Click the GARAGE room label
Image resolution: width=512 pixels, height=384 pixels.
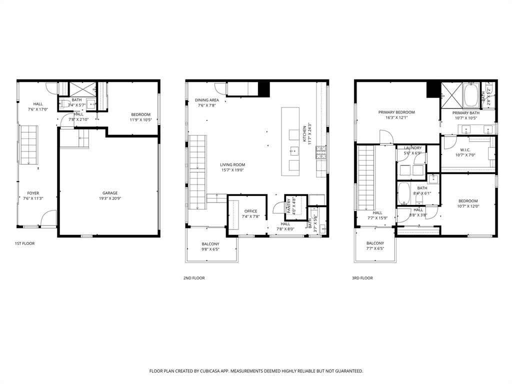pyautogui.click(x=110, y=193)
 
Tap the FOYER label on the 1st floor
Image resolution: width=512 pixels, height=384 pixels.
pyautogui.click(x=33, y=193)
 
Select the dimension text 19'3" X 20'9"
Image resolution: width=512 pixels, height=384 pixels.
pyautogui.click(x=110, y=198)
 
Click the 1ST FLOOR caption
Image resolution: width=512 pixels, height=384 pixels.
pyautogui.click(x=24, y=243)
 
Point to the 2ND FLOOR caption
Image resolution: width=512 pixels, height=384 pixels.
pyautogui.click(x=194, y=278)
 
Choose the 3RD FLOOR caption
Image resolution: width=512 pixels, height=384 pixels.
pyautogui.click(x=363, y=278)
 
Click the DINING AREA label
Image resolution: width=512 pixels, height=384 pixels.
pyautogui.click(x=207, y=100)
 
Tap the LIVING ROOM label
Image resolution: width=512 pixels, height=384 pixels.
pyautogui.click(x=232, y=164)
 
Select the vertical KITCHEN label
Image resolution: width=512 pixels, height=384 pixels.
pyautogui.click(x=304, y=133)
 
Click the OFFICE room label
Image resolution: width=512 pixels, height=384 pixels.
pyautogui.click(x=250, y=211)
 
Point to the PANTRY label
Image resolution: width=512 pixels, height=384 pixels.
pyautogui.click(x=288, y=207)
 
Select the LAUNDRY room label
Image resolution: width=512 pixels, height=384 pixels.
pyautogui.click(x=412, y=148)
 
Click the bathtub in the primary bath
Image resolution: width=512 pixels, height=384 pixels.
pyautogui.click(x=471, y=96)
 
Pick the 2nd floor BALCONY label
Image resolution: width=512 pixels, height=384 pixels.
pyautogui.click(x=210, y=243)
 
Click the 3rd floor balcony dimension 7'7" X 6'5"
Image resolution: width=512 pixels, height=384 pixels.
pyautogui.click(x=375, y=248)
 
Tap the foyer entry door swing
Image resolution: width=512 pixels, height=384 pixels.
pyautogui.click(x=48, y=218)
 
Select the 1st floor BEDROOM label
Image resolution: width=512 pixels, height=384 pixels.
pyautogui.click(x=140, y=114)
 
